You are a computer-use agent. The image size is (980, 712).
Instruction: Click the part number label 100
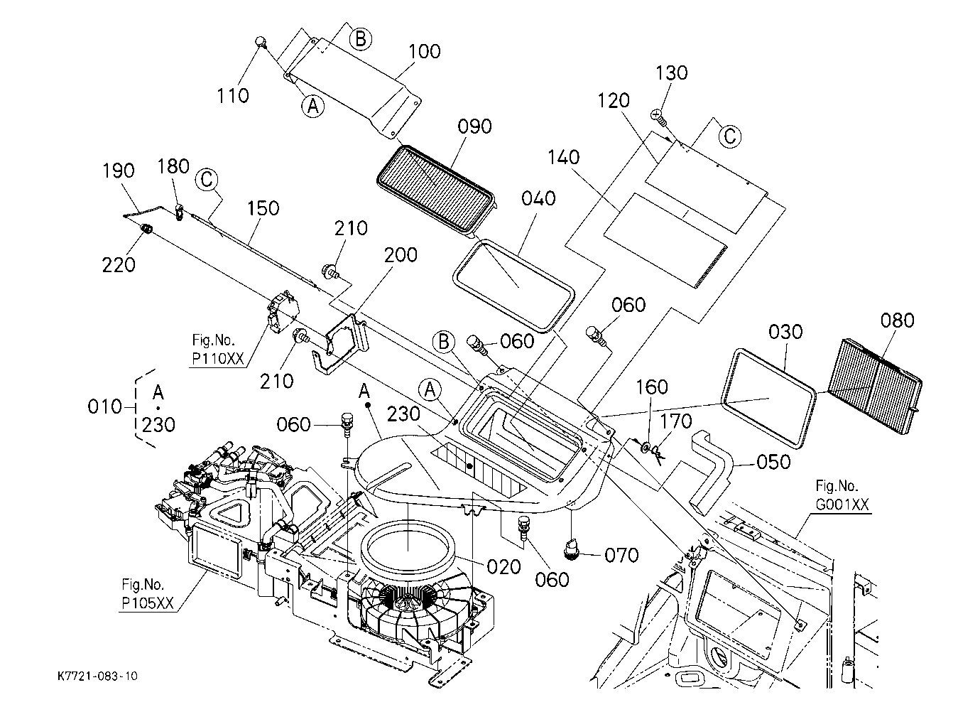[425, 52]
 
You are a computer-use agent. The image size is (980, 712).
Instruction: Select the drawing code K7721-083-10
[97, 676]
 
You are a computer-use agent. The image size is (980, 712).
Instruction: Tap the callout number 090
[474, 126]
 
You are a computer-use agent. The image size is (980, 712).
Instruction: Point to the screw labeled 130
[658, 118]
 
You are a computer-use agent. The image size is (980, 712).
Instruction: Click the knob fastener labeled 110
[261, 43]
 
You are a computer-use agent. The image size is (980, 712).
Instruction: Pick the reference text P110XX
[218, 359]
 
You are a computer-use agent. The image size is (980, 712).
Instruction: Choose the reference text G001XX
[842, 505]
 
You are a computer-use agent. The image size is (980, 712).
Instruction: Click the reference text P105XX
[148, 603]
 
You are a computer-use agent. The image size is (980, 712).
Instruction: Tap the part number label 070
[621, 556]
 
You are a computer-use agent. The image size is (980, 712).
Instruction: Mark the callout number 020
[504, 567]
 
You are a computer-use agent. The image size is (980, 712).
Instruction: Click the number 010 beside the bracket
[104, 406]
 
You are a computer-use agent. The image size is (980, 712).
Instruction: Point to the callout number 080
[898, 320]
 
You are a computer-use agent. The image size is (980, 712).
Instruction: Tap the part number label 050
[773, 462]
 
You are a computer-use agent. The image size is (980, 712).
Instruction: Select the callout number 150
[263, 208]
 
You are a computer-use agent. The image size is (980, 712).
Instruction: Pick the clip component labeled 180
[180, 212]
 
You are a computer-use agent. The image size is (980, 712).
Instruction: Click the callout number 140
[564, 157]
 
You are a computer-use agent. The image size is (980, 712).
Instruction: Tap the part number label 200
[401, 255]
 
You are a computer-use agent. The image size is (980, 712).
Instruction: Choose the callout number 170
[676, 421]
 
